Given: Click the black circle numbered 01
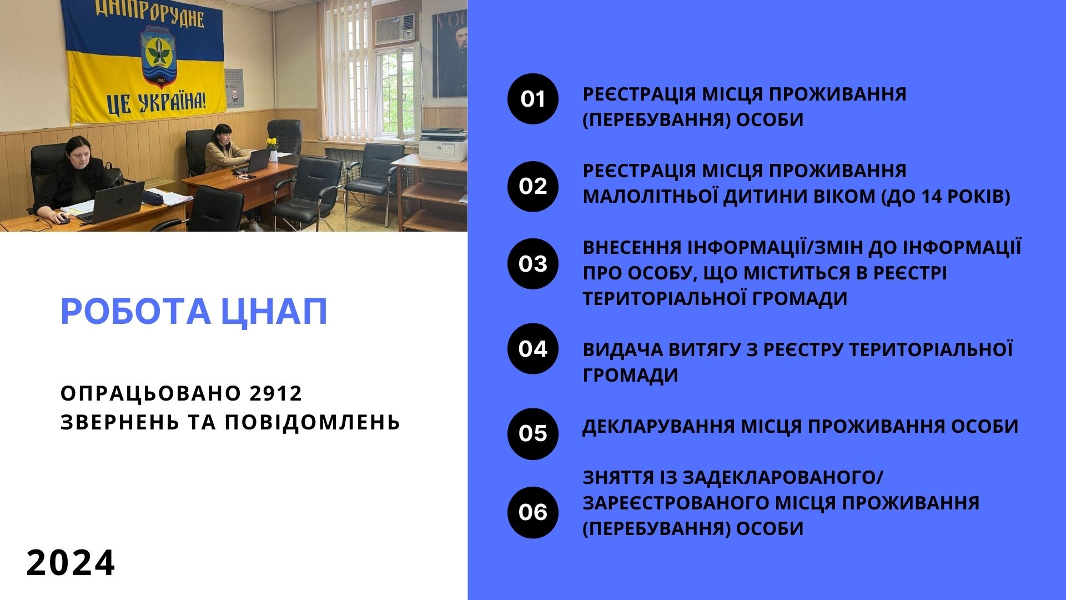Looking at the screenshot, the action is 533,99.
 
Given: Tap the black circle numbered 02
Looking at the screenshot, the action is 533,186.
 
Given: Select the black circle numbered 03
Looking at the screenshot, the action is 533,264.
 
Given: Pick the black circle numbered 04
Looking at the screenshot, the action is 533,349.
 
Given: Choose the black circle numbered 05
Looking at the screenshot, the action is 533,434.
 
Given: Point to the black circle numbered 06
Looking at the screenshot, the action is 533,512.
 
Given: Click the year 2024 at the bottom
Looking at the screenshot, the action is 71,563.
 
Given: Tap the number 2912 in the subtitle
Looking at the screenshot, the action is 275,393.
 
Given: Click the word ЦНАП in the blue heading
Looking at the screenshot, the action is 274,312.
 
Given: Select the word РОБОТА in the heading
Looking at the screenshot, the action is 135,312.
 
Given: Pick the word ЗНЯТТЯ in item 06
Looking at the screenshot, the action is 619,478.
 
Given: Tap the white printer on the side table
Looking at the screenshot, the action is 443,144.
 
